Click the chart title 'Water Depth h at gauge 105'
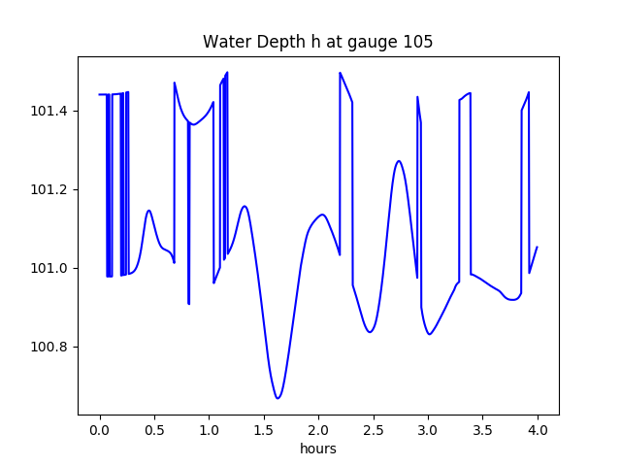(x=317, y=42)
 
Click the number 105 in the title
(x=419, y=42)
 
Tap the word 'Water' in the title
(x=223, y=42)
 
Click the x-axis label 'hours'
(x=318, y=449)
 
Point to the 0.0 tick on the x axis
(x=99, y=431)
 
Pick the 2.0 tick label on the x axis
(x=318, y=431)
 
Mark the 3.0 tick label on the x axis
(x=428, y=431)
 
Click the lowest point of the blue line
(x=278, y=398)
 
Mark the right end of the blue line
(x=537, y=247)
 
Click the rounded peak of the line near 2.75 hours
(x=399, y=161)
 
